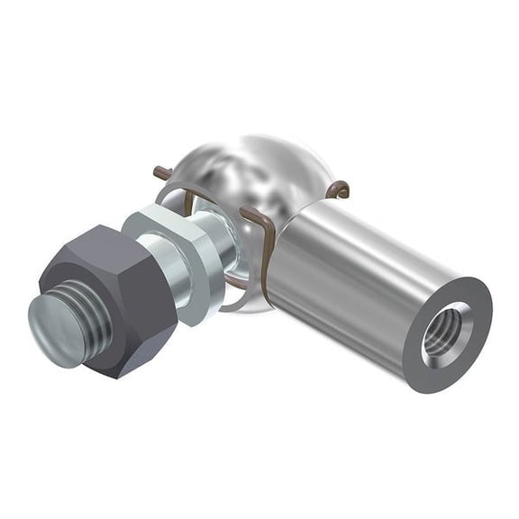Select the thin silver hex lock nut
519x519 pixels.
(176, 261)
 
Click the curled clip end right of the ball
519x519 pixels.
(339, 188)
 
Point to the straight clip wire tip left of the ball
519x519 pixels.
(160, 171)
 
